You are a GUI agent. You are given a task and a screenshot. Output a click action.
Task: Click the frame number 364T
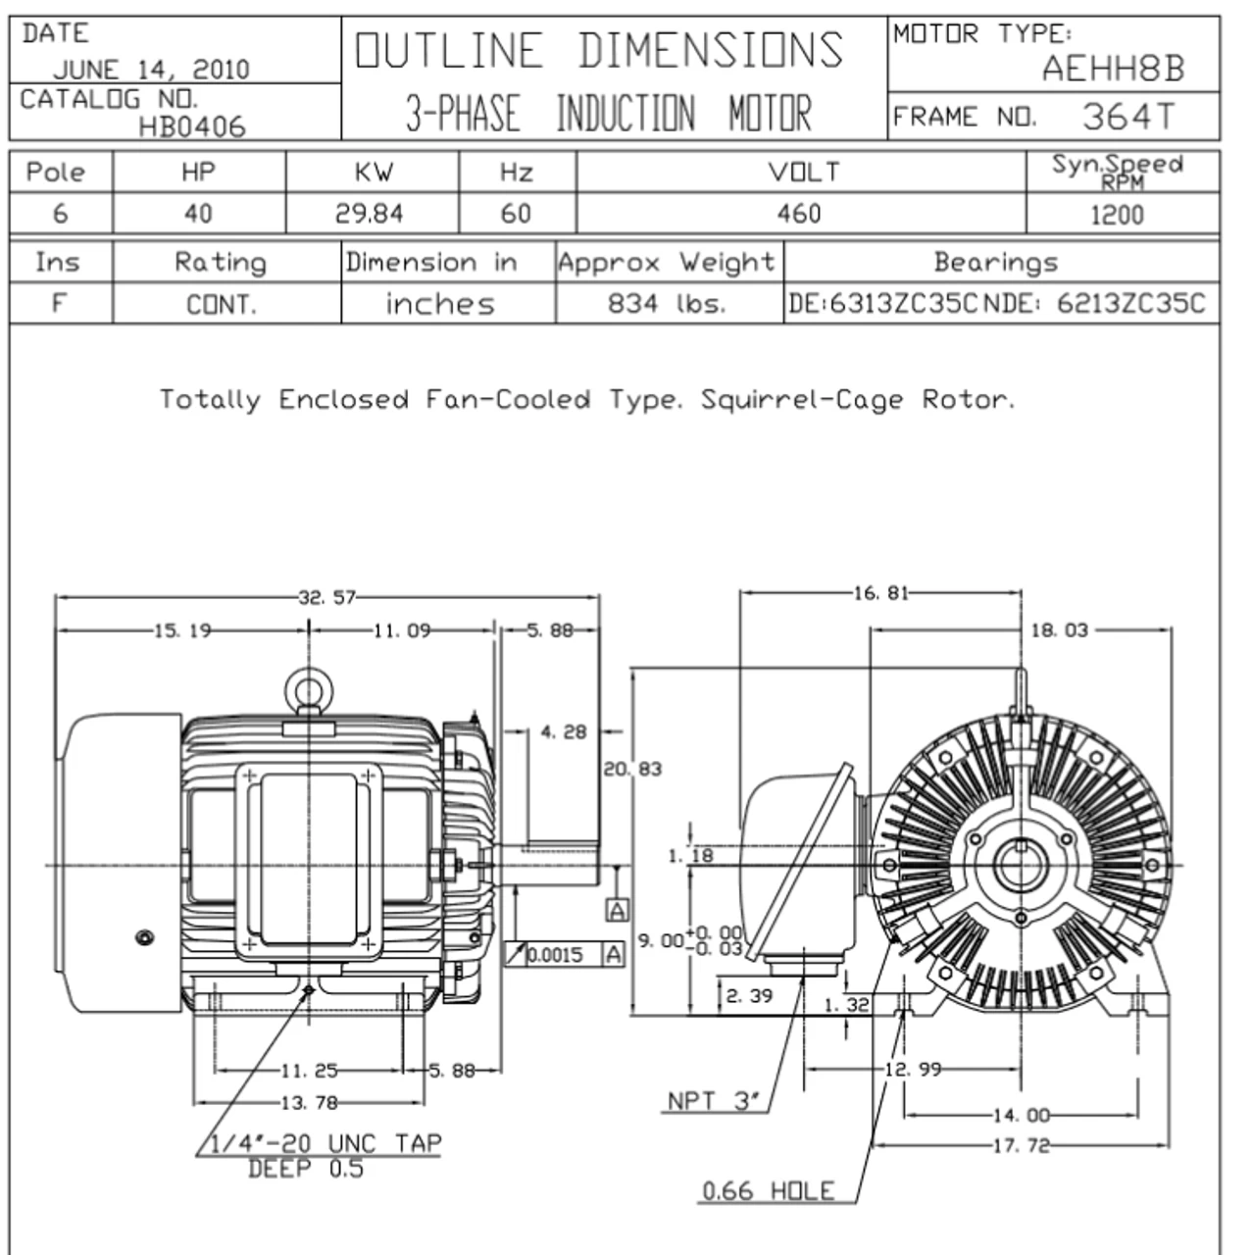[x=1127, y=117]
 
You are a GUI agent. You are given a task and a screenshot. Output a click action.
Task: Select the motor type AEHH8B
[x=1113, y=69]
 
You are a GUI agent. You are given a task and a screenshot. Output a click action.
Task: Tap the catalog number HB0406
[x=192, y=126]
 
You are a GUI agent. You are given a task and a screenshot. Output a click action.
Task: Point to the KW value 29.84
[x=370, y=214]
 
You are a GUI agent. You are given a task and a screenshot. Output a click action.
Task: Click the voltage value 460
[x=799, y=214]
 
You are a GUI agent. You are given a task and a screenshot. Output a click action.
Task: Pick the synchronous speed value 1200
[x=1117, y=215]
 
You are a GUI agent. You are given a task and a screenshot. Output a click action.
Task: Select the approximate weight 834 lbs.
[x=667, y=304]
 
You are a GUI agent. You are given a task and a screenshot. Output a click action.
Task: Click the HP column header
[x=198, y=173]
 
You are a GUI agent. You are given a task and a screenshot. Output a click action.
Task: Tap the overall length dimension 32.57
[x=326, y=597]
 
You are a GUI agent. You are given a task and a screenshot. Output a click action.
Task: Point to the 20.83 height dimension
[x=632, y=770]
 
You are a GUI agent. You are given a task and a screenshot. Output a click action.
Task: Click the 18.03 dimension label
[x=1059, y=630]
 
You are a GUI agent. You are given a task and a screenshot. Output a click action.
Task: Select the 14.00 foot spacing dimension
[x=1021, y=1115]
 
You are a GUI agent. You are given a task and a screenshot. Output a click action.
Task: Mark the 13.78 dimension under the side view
[x=309, y=1103]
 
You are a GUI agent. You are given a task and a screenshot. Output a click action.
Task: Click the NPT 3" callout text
[x=714, y=1101]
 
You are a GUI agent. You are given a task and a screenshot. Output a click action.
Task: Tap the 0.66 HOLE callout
[x=769, y=1191]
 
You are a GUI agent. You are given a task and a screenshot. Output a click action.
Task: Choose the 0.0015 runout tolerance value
[x=556, y=955]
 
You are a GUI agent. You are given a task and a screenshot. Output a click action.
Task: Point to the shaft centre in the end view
[x=1021, y=866]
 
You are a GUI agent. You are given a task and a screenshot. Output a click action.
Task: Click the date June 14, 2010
[x=151, y=70]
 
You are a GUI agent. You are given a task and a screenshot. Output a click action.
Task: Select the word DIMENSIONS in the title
[x=710, y=51]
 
